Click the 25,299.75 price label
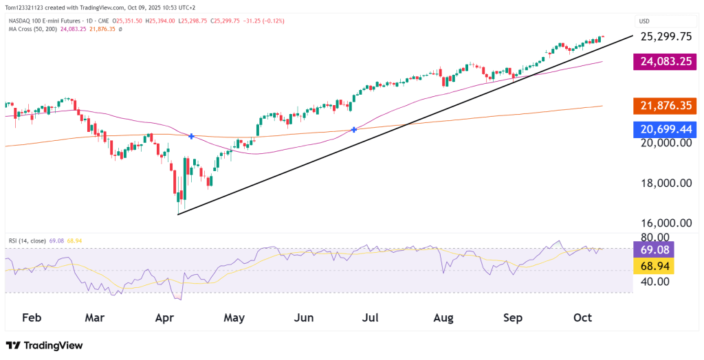(x=665, y=36)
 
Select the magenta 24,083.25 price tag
(x=665, y=63)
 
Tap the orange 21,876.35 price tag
(x=665, y=106)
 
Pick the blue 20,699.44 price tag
(x=665, y=128)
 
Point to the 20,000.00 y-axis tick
(x=665, y=143)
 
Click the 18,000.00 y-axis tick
(x=665, y=183)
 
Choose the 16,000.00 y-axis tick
(x=665, y=223)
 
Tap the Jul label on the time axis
(x=371, y=317)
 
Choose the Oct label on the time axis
(x=582, y=317)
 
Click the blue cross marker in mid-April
(x=190, y=137)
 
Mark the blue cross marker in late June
(x=354, y=129)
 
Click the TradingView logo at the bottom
(x=44, y=346)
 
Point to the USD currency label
(x=645, y=21)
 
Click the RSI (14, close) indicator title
(x=27, y=240)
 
